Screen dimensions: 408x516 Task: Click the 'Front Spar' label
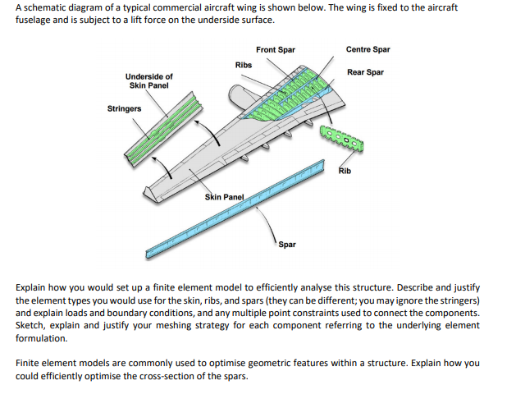click(275, 50)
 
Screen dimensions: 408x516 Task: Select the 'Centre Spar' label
click(368, 49)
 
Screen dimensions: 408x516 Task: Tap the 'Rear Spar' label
click(365, 72)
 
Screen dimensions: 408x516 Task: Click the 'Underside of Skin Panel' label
click(148, 80)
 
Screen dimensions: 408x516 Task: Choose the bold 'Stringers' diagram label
click(124, 108)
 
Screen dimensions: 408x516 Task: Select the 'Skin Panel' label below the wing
click(224, 198)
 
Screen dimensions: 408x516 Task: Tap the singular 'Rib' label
click(346, 172)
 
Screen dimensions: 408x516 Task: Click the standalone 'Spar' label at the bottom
click(286, 245)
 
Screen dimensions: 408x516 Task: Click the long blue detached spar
click(246, 209)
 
